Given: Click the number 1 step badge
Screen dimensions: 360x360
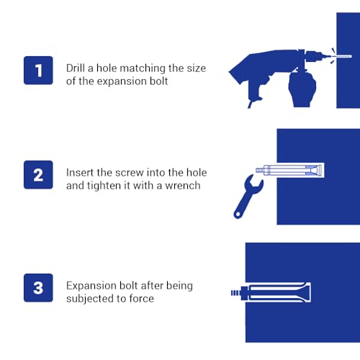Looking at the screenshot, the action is coord(38,71).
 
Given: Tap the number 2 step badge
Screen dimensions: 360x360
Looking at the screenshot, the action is coord(38,175).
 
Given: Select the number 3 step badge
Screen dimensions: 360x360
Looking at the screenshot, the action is coord(38,287).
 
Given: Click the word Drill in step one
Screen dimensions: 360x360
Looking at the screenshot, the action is coord(76,68).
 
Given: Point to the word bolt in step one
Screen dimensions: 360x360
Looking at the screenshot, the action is coord(158,81).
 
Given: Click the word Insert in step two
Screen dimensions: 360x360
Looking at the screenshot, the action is coord(80,173).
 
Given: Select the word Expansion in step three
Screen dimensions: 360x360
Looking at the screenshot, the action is coord(91,286).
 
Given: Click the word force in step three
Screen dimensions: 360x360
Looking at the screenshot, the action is coord(141,299).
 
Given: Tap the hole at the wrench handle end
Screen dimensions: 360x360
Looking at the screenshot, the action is coord(238,214).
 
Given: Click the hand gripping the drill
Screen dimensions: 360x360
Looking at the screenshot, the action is coord(302,89).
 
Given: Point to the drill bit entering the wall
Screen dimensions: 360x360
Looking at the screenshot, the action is coord(342,56).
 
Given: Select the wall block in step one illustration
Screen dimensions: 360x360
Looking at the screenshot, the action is coord(348,60).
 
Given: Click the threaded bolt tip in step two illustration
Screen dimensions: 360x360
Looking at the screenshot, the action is coord(259,171).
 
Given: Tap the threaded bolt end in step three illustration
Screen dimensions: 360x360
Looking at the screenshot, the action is coord(235,293).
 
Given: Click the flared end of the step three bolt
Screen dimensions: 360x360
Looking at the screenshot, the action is coord(306,292).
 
